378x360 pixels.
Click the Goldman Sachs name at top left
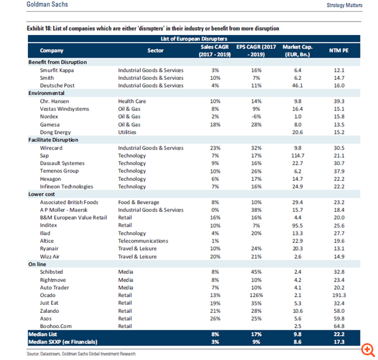pyautogui.click(x=47, y=4)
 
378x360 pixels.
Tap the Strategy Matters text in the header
pyautogui.click(x=344, y=5)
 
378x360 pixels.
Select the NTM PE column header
pyautogui.click(x=338, y=51)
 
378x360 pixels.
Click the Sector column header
pyautogui.click(x=155, y=51)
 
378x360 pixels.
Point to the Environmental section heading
pyautogui.click(x=47, y=93)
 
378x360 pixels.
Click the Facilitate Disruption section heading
pyautogui.click(x=54, y=140)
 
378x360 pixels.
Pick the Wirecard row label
pyautogui.click(x=51, y=148)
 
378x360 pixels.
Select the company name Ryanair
pyautogui.click(x=49, y=248)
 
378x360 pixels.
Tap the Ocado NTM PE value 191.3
pyautogui.click(x=339, y=295)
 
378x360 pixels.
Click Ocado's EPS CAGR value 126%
pyautogui.click(x=256, y=295)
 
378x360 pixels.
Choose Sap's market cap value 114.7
pyautogui.click(x=298, y=155)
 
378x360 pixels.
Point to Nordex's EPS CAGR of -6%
pyautogui.click(x=256, y=116)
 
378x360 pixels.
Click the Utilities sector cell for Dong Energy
pyautogui.click(x=127, y=132)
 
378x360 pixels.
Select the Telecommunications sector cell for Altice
pyautogui.click(x=143, y=241)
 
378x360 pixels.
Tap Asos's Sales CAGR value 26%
pyautogui.click(x=215, y=319)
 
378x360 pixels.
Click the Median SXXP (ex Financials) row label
pyautogui.click(x=63, y=342)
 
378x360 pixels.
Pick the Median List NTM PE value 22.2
pyautogui.click(x=339, y=334)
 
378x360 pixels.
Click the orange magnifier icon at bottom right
pyautogui.click(x=368, y=349)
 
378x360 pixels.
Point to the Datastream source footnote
pyautogui.click(x=81, y=354)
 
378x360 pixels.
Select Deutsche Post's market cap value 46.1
pyautogui.click(x=298, y=85)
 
